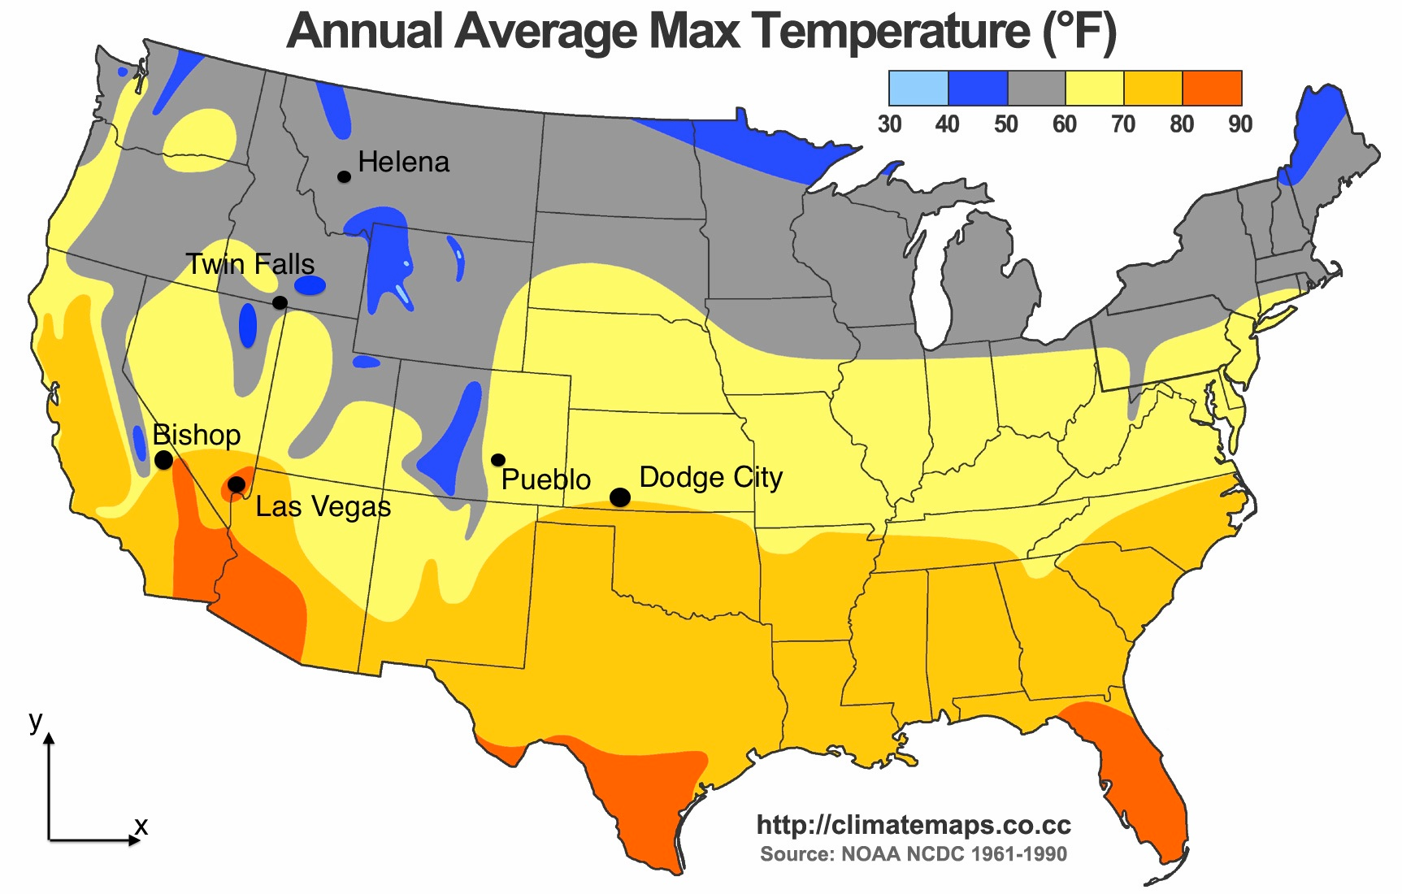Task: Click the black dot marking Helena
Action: click(345, 176)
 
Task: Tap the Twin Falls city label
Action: click(250, 264)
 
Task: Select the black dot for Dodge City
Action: click(620, 497)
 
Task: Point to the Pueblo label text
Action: click(546, 480)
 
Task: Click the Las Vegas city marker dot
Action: click(237, 485)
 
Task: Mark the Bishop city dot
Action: click(163, 460)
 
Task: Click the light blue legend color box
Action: click(918, 88)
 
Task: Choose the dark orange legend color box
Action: click(1212, 88)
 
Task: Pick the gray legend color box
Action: click(1036, 88)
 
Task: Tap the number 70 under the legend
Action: click(1123, 124)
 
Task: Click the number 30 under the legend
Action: click(889, 124)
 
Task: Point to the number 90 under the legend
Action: click(1240, 124)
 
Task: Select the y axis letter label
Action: click(35, 720)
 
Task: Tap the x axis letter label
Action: click(141, 827)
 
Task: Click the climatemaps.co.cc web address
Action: click(914, 825)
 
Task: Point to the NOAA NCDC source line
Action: click(914, 854)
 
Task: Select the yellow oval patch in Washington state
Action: click(200, 140)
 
